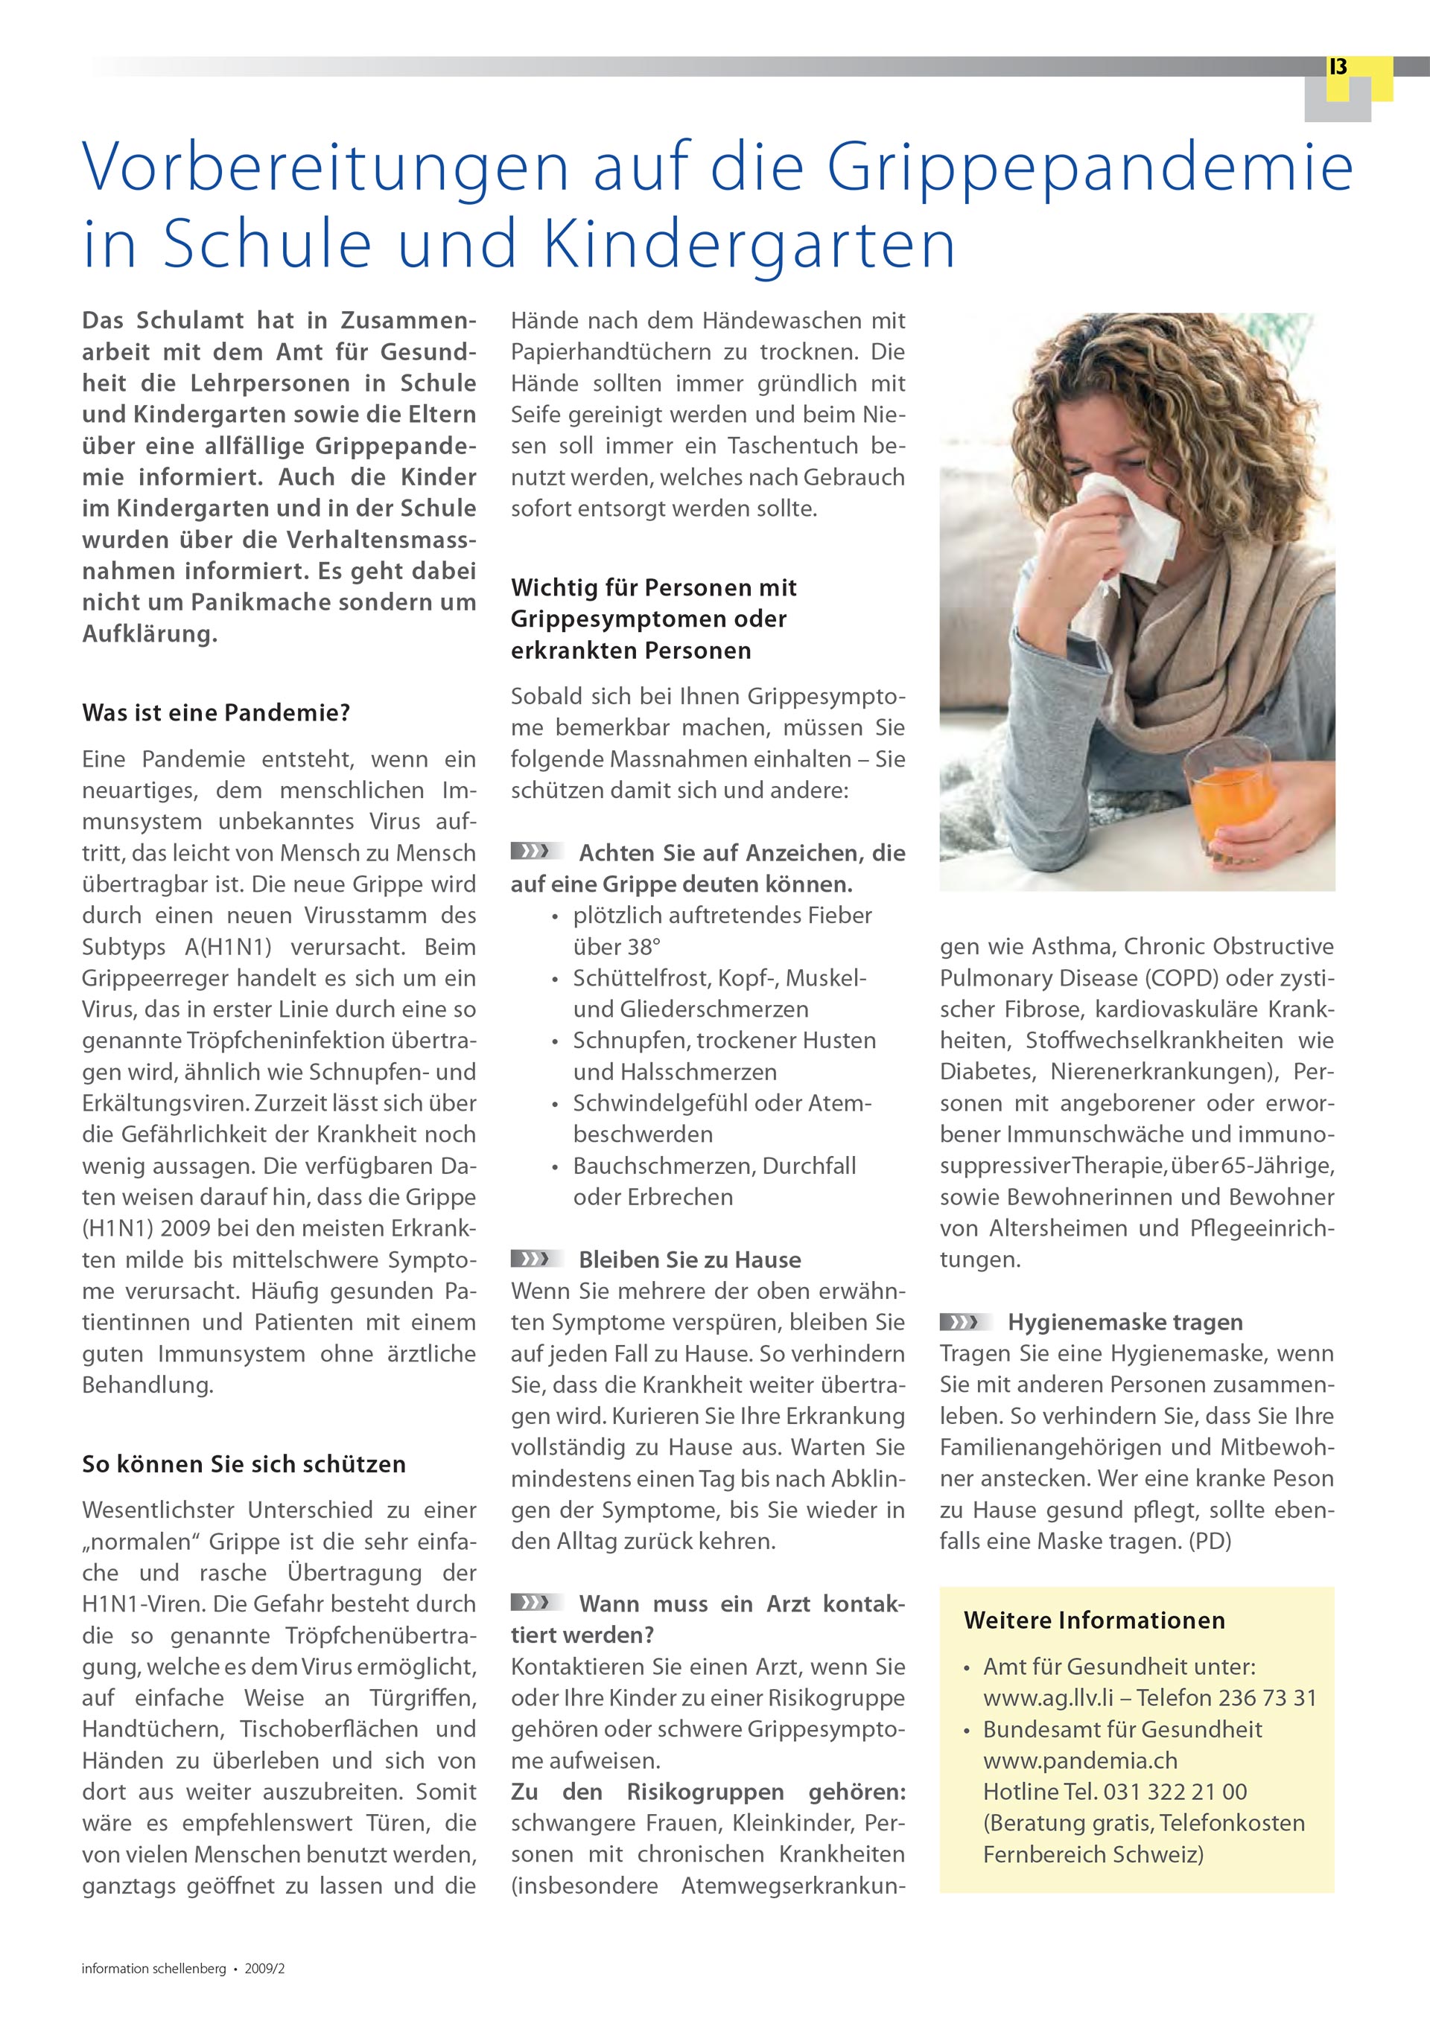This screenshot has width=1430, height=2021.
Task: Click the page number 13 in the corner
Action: coord(1338,67)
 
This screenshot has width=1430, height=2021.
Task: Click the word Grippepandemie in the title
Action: coord(1090,167)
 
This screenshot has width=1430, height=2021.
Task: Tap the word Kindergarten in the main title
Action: coord(749,245)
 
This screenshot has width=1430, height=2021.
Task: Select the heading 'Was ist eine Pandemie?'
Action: coord(216,712)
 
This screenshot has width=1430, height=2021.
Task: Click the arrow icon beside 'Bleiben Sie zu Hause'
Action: coord(536,1259)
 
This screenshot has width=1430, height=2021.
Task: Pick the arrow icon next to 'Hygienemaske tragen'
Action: coord(965,1321)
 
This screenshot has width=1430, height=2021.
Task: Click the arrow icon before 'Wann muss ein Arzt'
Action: coord(536,1603)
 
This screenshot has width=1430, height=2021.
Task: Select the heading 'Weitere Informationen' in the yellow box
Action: coord(1093,1621)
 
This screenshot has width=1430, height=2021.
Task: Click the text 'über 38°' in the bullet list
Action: coord(617,947)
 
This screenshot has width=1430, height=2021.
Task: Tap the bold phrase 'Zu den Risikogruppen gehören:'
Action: coord(708,1792)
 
